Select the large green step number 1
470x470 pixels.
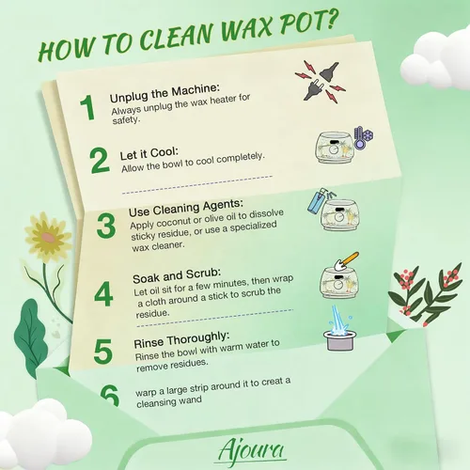coord(88,107)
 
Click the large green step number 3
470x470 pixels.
coord(106,226)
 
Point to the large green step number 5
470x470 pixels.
coord(102,352)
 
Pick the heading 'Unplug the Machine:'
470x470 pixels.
coord(164,93)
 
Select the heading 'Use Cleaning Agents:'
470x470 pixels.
coord(186,208)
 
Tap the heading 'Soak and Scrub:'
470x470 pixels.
coord(177,275)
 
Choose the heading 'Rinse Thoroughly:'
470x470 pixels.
coord(181,339)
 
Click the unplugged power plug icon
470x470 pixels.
coord(321,82)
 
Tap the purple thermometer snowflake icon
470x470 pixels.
coord(363,138)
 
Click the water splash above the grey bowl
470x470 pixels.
coord(339,322)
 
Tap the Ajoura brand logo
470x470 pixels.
coord(251,450)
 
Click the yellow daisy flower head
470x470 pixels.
coord(48,237)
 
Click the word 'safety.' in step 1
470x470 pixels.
coord(125,120)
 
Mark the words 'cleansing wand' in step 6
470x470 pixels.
coord(169,402)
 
